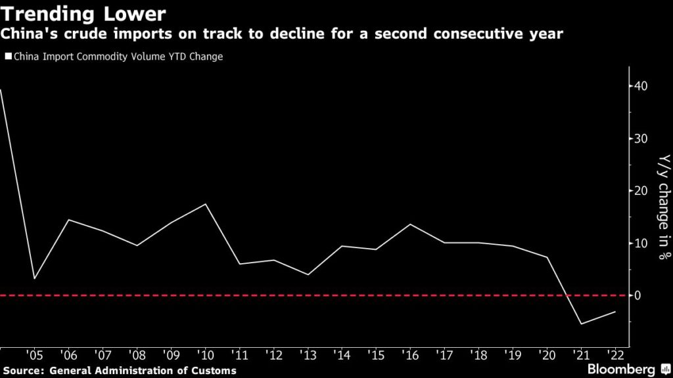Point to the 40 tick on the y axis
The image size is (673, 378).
click(x=641, y=86)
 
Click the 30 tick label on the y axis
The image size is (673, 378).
click(x=641, y=138)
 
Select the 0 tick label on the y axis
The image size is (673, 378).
click(x=638, y=296)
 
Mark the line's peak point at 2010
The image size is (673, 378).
click(x=206, y=204)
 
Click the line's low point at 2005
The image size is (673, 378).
click(x=35, y=279)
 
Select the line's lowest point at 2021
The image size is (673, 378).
click(x=581, y=324)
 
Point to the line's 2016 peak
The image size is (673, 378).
click(x=410, y=224)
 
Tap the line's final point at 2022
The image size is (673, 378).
click(x=615, y=312)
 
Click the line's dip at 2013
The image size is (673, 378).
click(x=308, y=274)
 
